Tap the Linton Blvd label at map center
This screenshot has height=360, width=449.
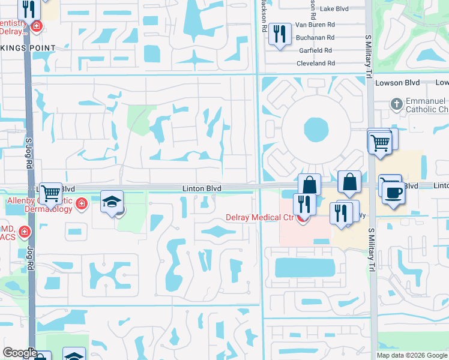(202, 188)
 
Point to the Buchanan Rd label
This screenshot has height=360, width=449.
(315, 37)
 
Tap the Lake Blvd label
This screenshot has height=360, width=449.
(335, 9)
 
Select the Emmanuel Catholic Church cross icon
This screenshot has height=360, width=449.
(396, 104)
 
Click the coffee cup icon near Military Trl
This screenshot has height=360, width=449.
(393, 193)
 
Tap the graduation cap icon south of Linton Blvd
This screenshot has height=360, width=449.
(112, 203)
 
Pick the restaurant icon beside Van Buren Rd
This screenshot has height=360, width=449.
(279, 34)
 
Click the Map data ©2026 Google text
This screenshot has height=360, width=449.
(411, 355)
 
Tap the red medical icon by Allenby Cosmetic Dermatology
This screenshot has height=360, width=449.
(81, 205)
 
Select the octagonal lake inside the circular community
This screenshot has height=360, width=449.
(316, 128)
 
